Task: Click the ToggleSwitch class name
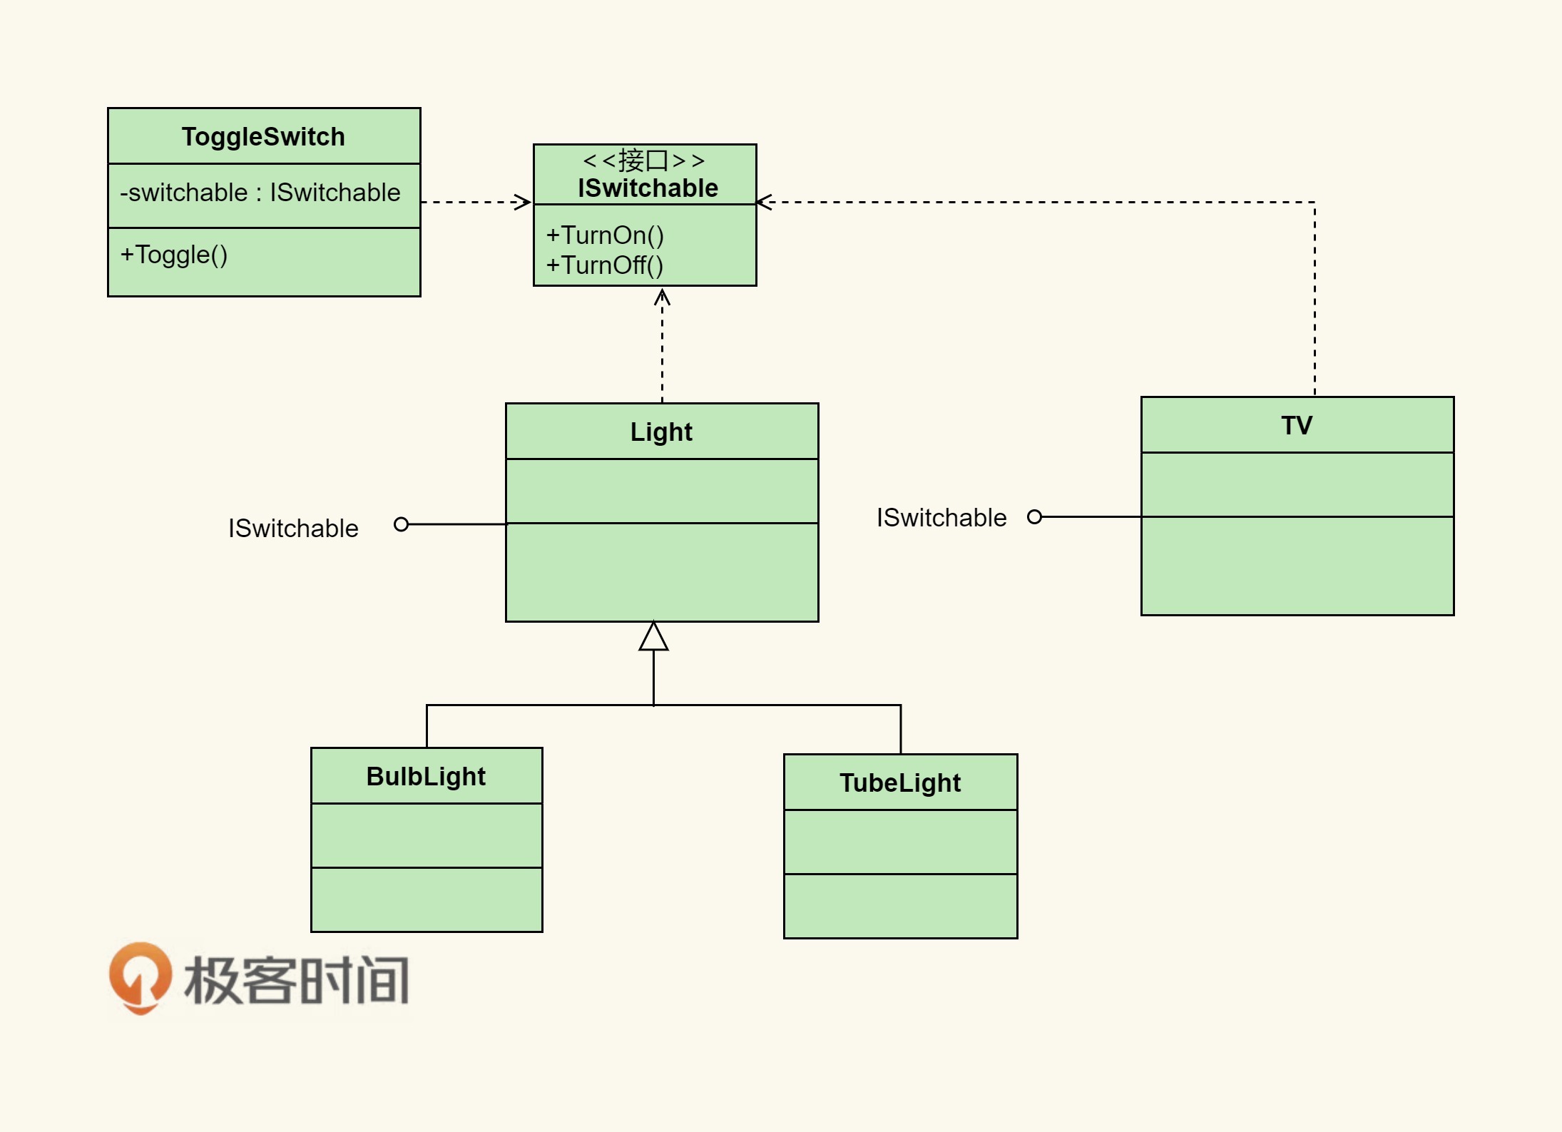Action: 263,136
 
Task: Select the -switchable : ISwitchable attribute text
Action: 260,193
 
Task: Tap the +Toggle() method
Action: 174,255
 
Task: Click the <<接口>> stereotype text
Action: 644,160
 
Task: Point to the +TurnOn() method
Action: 605,235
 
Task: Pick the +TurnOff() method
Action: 605,265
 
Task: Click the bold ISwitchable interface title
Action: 648,188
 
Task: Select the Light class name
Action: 661,432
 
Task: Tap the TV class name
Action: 1297,425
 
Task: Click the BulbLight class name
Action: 426,776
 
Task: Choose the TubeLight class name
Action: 900,782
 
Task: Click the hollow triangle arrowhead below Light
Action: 653,637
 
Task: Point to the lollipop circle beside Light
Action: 402,524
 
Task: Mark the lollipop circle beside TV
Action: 1034,516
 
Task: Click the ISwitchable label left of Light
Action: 293,529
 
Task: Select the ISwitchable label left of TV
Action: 941,518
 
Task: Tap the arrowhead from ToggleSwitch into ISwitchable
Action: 524,202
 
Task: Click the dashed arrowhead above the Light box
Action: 662,296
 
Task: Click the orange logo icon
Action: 141,978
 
